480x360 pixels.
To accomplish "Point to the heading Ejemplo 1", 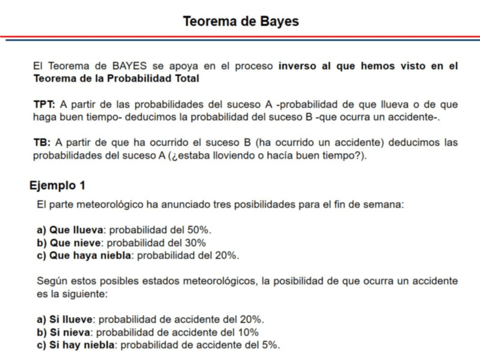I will click(x=58, y=185).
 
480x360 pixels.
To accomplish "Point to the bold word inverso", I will click(x=298, y=67).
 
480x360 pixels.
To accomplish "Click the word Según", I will click(x=50, y=281).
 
